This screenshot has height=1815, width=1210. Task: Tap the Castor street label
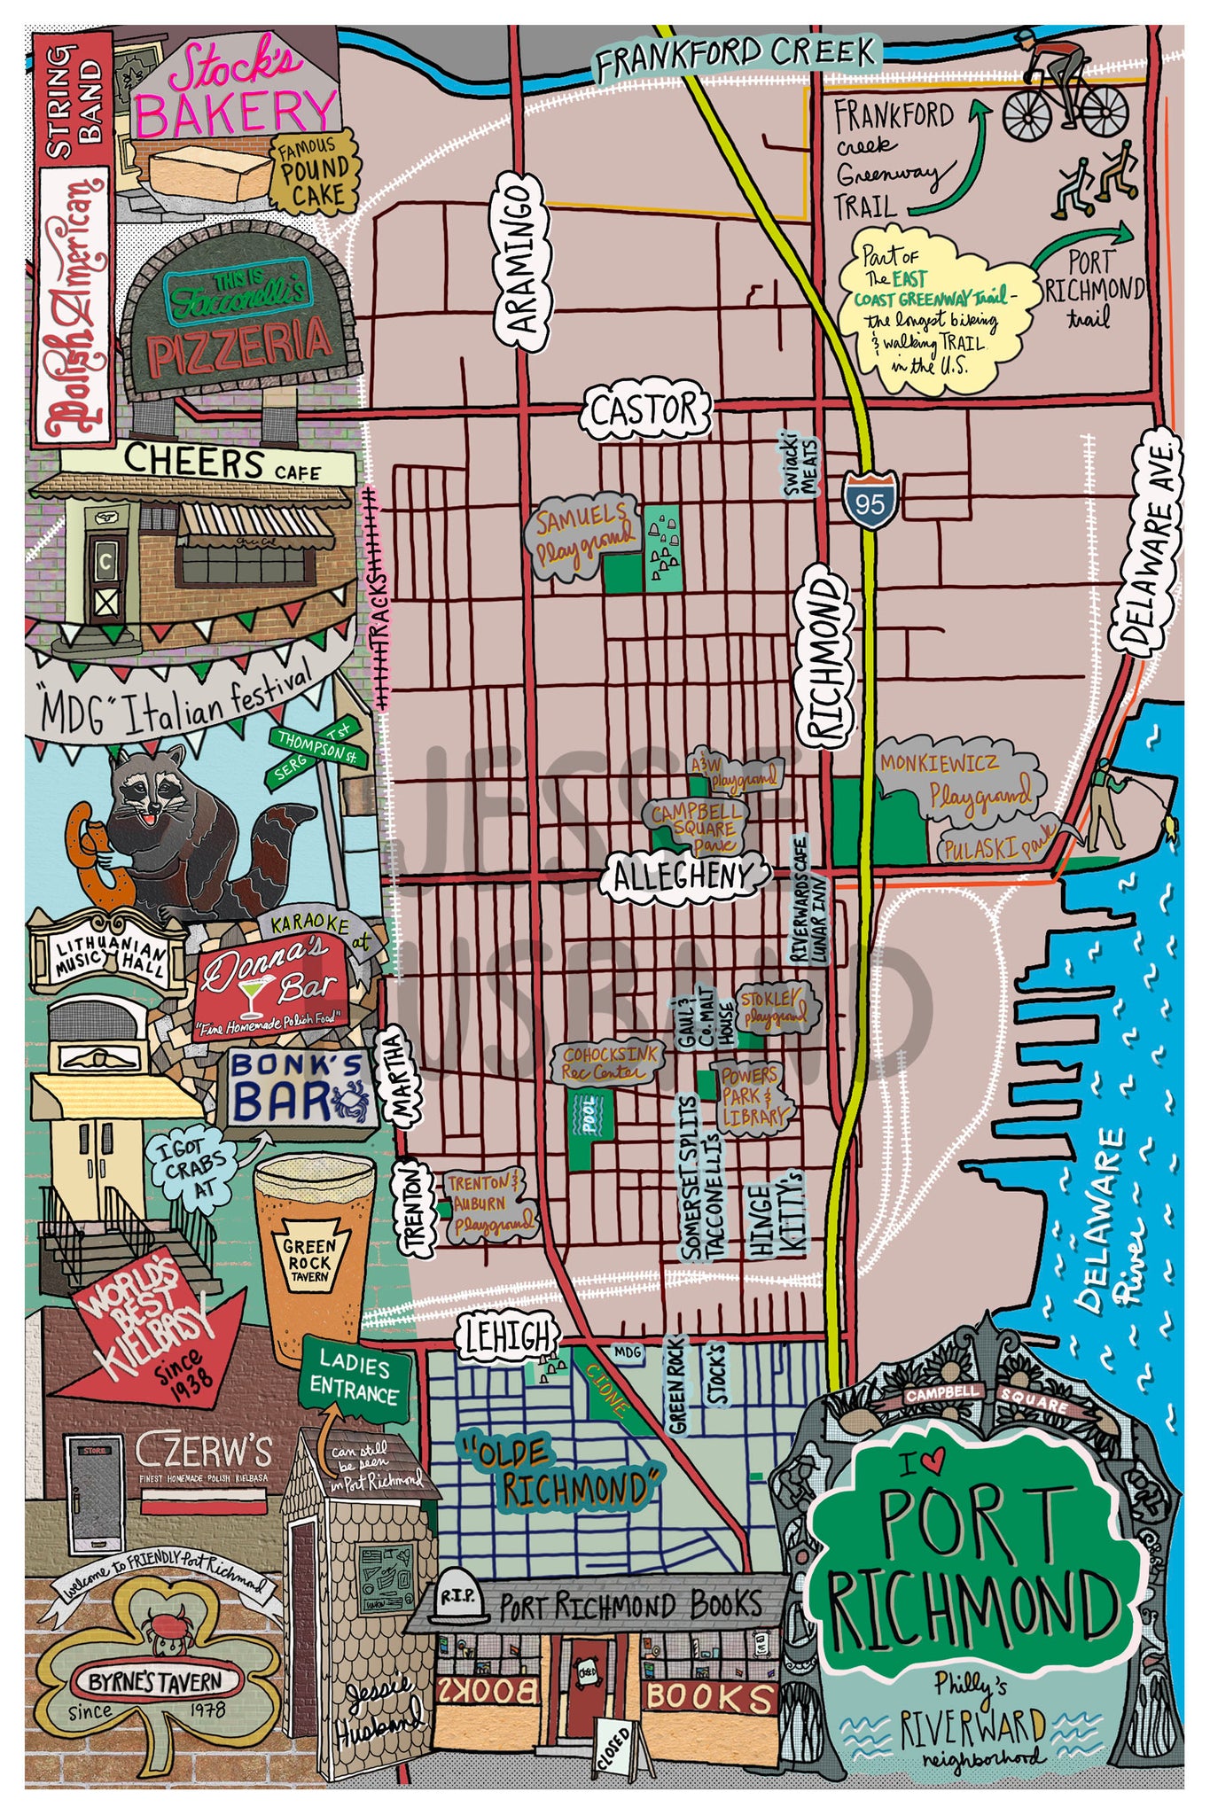645,411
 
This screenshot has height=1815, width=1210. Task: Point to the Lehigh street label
509,1335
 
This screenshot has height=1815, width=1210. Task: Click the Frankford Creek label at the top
735,56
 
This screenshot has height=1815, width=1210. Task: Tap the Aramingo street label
523,256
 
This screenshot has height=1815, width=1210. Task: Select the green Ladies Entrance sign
355,1377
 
